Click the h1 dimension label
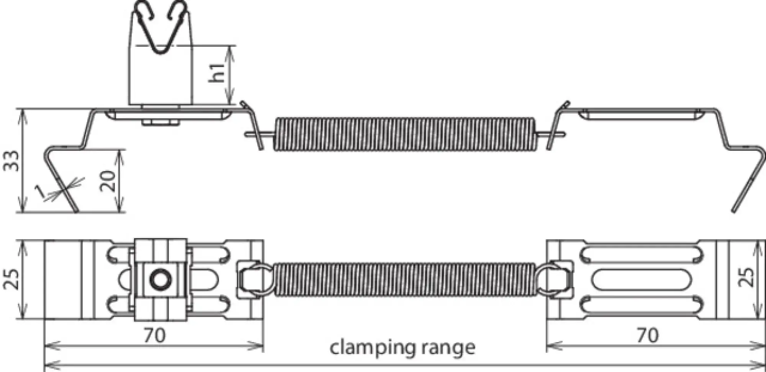(x=217, y=73)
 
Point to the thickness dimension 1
(x=40, y=191)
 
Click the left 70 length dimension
(x=155, y=336)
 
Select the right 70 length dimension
(x=647, y=336)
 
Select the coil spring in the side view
(x=404, y=134)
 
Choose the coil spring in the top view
(x=404, y=279)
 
